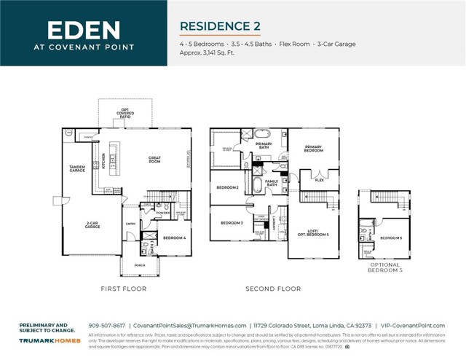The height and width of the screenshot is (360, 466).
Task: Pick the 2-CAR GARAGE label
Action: coord(92,225)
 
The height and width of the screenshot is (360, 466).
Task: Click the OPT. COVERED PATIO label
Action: coord(125,114)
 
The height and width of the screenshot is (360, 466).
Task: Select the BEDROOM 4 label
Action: coord(174,238)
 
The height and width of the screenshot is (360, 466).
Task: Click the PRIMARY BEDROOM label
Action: coord(313,149)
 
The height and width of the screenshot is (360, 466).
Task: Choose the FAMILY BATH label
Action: coord(272,182)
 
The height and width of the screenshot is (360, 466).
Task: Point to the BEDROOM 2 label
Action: coord(228,188)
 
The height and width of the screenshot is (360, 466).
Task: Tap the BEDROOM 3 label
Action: coord(232,222)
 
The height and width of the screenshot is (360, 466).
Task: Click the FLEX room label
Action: coord(319,179)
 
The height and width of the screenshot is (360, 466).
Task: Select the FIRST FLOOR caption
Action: coord(123,289)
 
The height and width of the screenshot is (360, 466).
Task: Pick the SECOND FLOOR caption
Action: coord(273,289)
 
